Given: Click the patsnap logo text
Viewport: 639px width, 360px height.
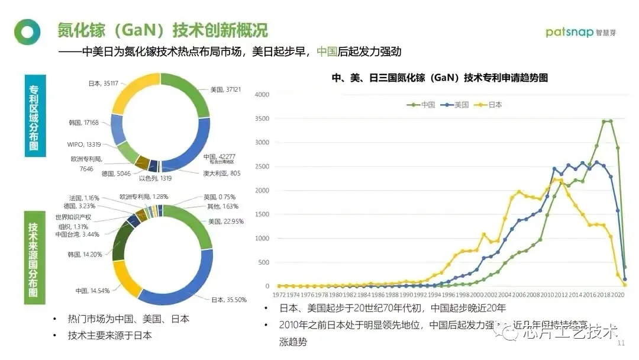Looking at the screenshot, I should (569, 32).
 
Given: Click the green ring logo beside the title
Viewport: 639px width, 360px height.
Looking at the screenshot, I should (27, 32).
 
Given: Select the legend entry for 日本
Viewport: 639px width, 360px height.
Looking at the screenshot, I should (490, 105).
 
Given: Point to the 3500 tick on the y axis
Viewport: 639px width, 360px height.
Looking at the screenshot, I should (262, 119).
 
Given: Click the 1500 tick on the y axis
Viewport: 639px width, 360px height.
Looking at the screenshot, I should (262, 215).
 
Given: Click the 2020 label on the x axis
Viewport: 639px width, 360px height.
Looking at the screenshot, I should (617, 294).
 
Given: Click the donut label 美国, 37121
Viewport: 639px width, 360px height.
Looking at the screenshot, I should (225, 89).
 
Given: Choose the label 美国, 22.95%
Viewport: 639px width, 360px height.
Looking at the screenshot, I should (226, 221).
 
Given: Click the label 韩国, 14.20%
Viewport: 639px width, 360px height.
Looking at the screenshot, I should (85, 255).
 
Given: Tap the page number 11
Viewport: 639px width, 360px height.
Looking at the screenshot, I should (621, 343).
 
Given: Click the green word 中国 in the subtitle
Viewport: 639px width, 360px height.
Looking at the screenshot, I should (327, 52).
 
